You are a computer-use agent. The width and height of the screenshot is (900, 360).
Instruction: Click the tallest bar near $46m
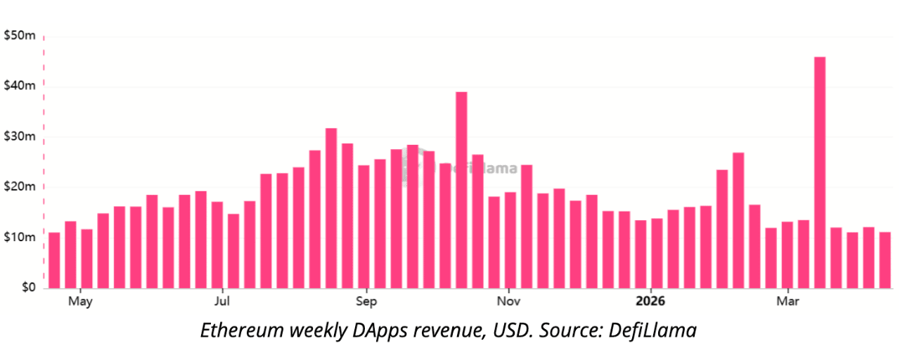click(x=820, y=172)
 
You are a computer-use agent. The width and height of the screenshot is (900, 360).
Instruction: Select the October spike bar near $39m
click(x=461, y=190)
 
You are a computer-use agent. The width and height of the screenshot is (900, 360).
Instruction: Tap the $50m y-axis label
click(x=19, y=36)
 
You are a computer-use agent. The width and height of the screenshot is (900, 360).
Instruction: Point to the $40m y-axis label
click(x=19, y=86)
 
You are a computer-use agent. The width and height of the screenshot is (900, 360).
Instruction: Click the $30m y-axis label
click(x=19, y=136)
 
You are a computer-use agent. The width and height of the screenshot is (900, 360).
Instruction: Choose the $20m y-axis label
click(x=19, y=187)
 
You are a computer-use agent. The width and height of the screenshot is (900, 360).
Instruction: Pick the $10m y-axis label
click(x=19, y=237)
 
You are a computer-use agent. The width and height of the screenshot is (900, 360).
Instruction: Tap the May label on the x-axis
click(x=80, y=302)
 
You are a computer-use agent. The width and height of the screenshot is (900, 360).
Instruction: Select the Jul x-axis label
click(x=222, y=302)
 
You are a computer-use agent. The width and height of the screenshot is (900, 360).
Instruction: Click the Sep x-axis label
click(x=366, y=302)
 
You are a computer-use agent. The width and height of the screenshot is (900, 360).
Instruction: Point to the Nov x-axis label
click(x=508, y=302)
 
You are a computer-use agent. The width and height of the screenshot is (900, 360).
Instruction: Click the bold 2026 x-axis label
click(x=650, y=302)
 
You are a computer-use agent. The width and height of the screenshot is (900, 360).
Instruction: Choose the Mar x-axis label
click(x=787, y=302)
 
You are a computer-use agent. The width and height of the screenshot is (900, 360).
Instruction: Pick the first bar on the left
click(x=54, y=260)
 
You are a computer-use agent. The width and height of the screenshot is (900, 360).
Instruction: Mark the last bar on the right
click(x=885, y=260)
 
